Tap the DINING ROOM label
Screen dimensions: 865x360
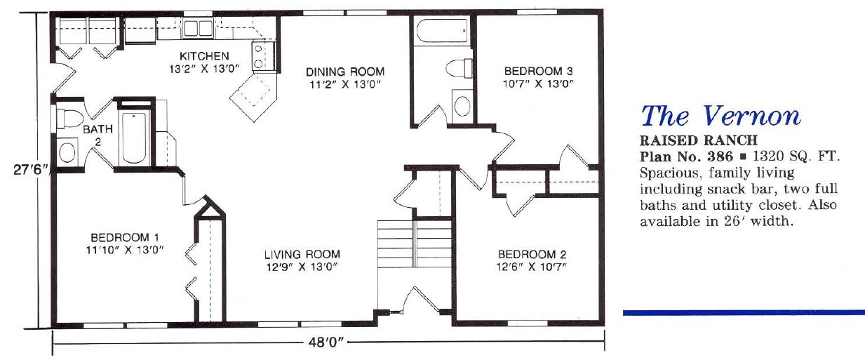(345, 72)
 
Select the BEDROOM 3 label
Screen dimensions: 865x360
(538, 71)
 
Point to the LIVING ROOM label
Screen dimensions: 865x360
(302, 254)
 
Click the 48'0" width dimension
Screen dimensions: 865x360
(326, 342)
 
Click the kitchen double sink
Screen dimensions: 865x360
(198, 28)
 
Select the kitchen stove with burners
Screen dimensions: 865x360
(262, 56)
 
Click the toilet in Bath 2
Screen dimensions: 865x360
(68, 118)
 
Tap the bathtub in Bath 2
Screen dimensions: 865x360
(133, 139)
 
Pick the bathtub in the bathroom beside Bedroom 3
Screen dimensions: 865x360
(442, 31)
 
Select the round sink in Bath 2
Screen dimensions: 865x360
(67, 152)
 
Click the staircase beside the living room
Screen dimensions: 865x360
(415, 244)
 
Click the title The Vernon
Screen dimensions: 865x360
(720, 116)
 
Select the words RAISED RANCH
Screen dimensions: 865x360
(698, 140)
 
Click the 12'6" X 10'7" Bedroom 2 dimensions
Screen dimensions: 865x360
(531, 267)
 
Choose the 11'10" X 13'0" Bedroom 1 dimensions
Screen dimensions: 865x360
(125, 250)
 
